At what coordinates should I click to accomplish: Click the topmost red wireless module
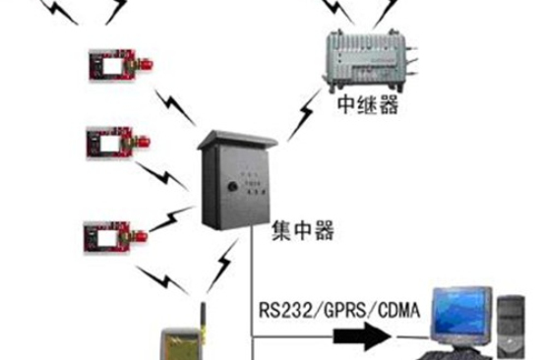(112, 64)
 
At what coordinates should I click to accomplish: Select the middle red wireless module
(111, 142)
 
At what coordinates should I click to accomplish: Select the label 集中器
(303, 233)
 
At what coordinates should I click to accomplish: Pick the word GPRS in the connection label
(335, 314)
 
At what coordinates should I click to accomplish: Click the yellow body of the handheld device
(181, 347)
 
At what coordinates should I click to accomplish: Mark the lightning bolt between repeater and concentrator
(298, 117)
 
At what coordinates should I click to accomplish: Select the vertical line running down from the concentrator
(254, 295)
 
